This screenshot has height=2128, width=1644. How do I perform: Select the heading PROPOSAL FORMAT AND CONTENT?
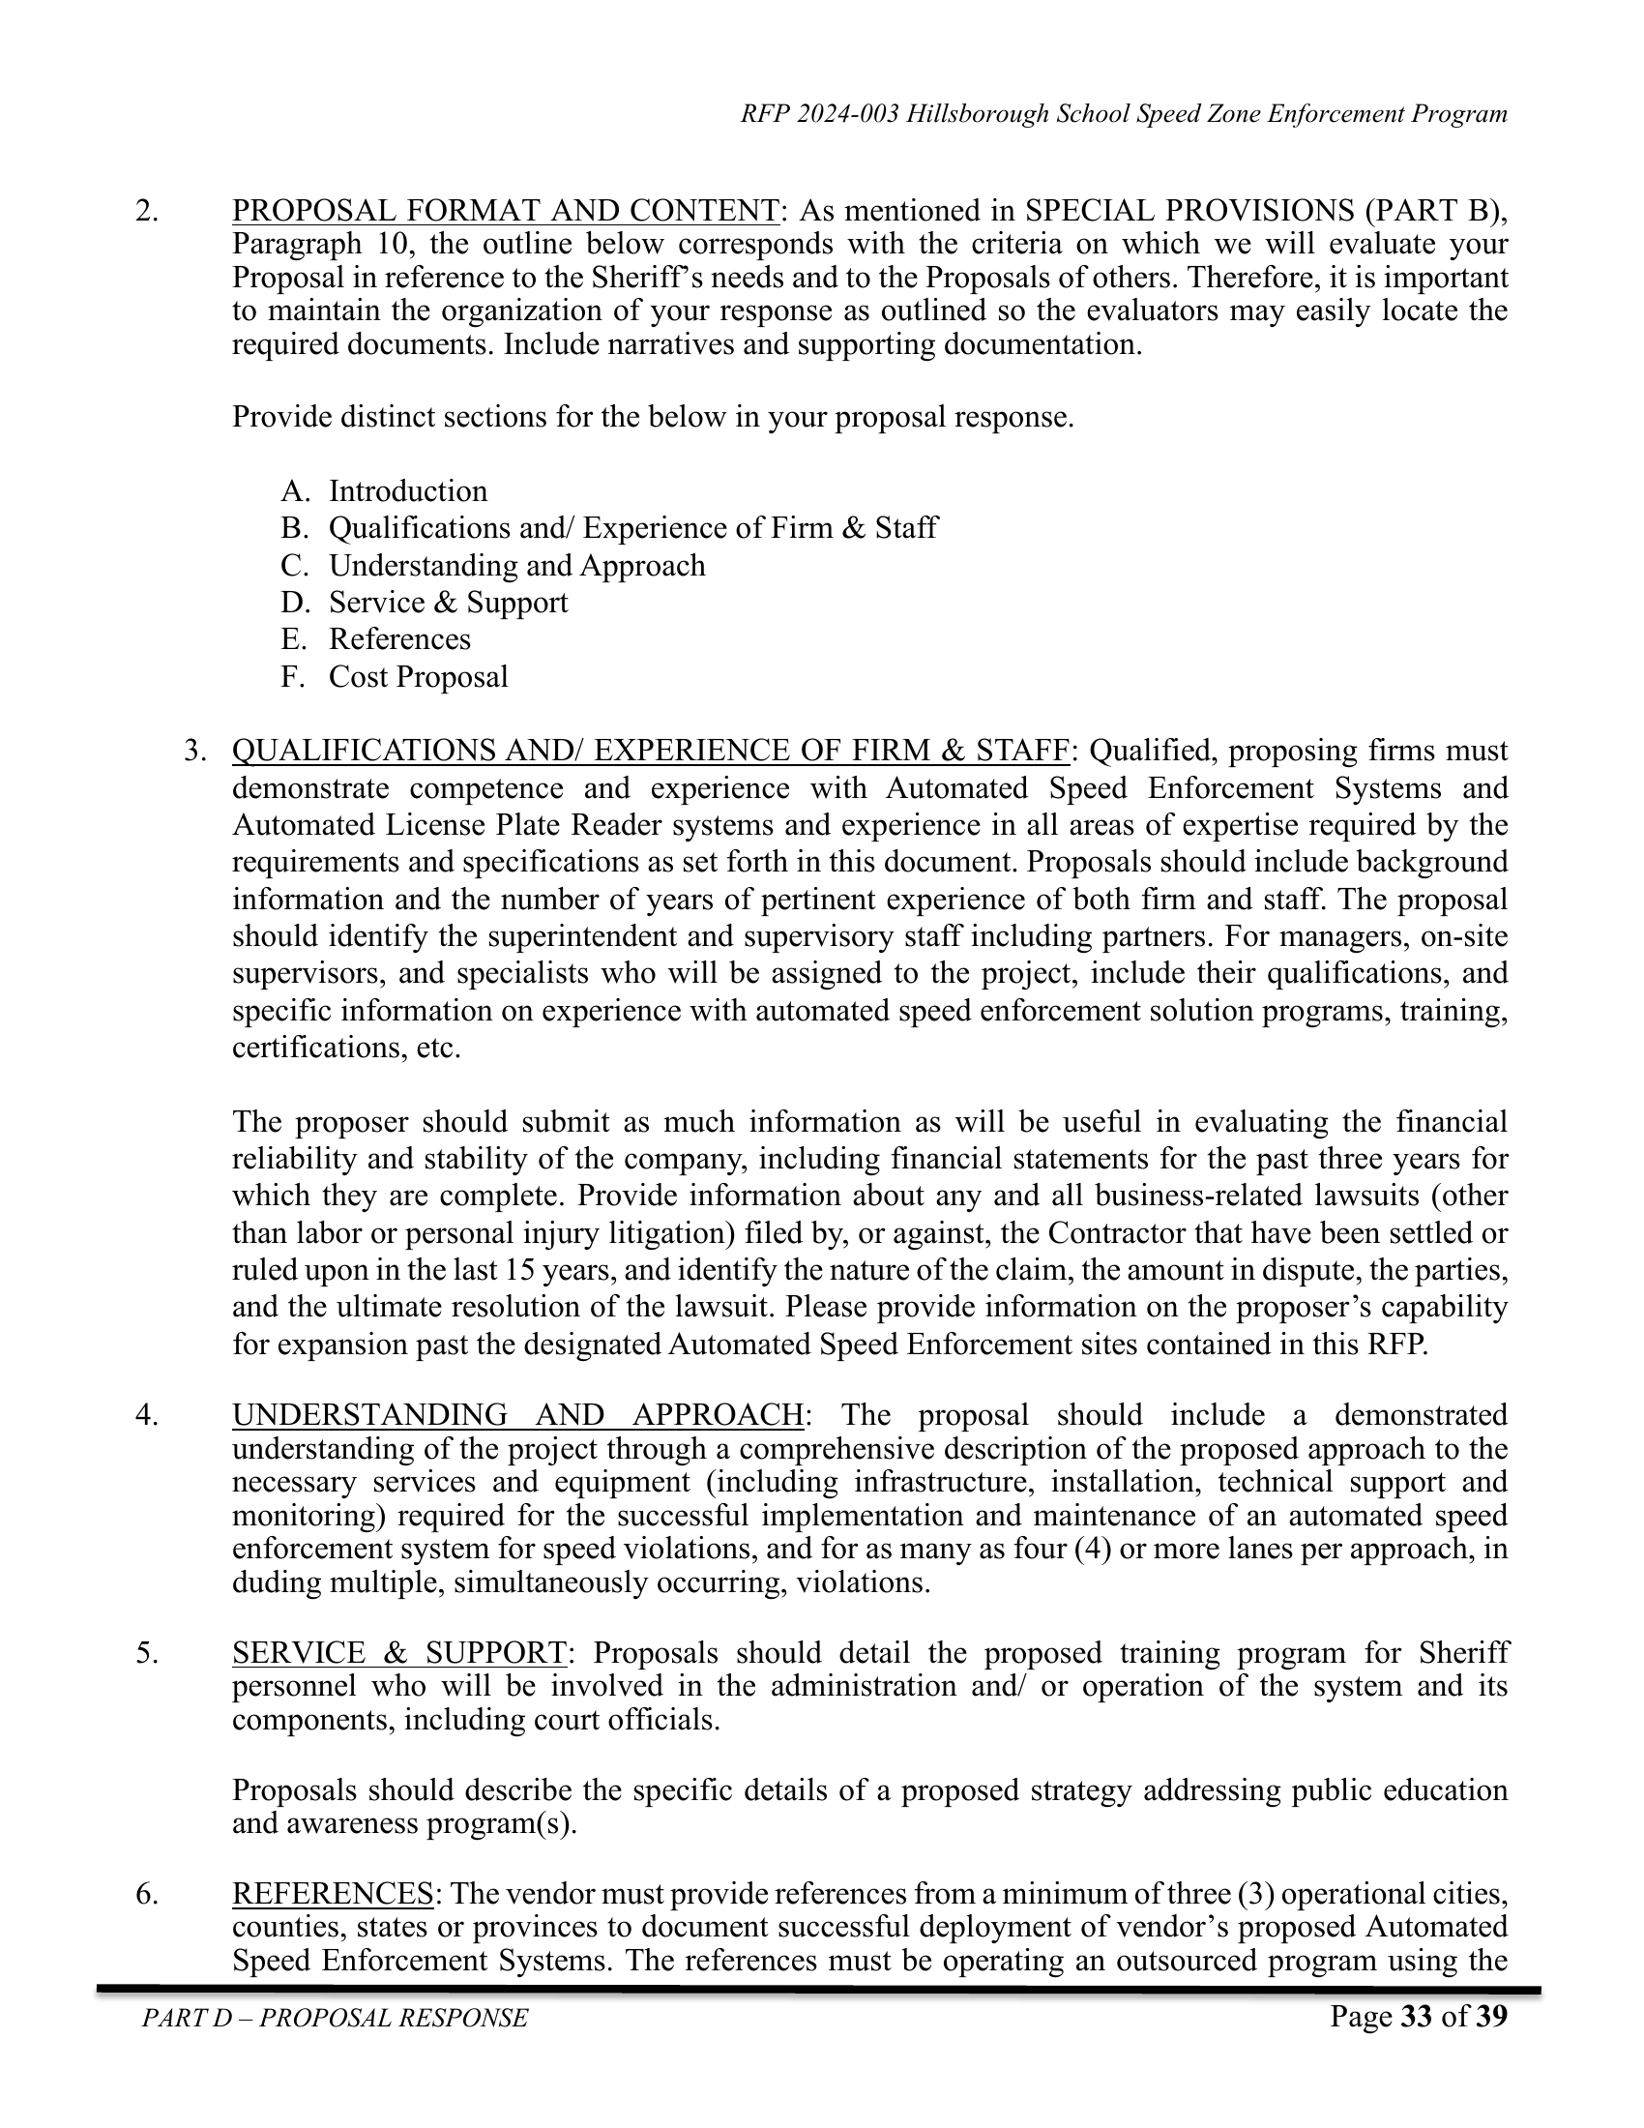coord(506,211)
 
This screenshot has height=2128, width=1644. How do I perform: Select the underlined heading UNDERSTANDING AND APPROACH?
coord(518,1415)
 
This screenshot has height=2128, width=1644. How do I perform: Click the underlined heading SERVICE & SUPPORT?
coord(399,1653)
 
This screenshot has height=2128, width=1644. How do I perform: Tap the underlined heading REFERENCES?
coord(332,1893)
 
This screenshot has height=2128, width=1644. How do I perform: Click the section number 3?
coord(195,752)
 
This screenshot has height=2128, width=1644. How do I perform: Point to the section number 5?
coord(146,1653)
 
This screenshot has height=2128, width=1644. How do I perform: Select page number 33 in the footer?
coord(1415,2016)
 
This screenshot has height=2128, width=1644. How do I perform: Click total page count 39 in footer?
coord(1491,2016)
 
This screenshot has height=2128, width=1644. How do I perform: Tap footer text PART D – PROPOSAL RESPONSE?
coord(335,2018)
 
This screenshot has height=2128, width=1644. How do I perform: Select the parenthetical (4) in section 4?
coord(1093,1549)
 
